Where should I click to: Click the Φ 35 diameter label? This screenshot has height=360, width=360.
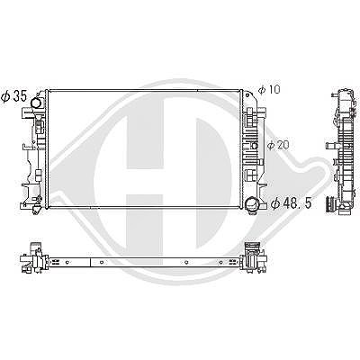coord(13,96)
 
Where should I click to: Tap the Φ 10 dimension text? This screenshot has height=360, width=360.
coord(269,89)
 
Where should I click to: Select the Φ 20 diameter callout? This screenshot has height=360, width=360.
coord(278,145)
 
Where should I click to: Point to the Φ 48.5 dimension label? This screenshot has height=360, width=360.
coord(291,203)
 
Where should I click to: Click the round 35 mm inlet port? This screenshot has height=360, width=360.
coord(37,103)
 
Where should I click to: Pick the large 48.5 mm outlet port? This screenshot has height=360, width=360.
coord(251,204)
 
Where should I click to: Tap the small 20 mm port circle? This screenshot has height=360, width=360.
coord(255,146)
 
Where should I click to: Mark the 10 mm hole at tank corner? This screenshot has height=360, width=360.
coord(247,95)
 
